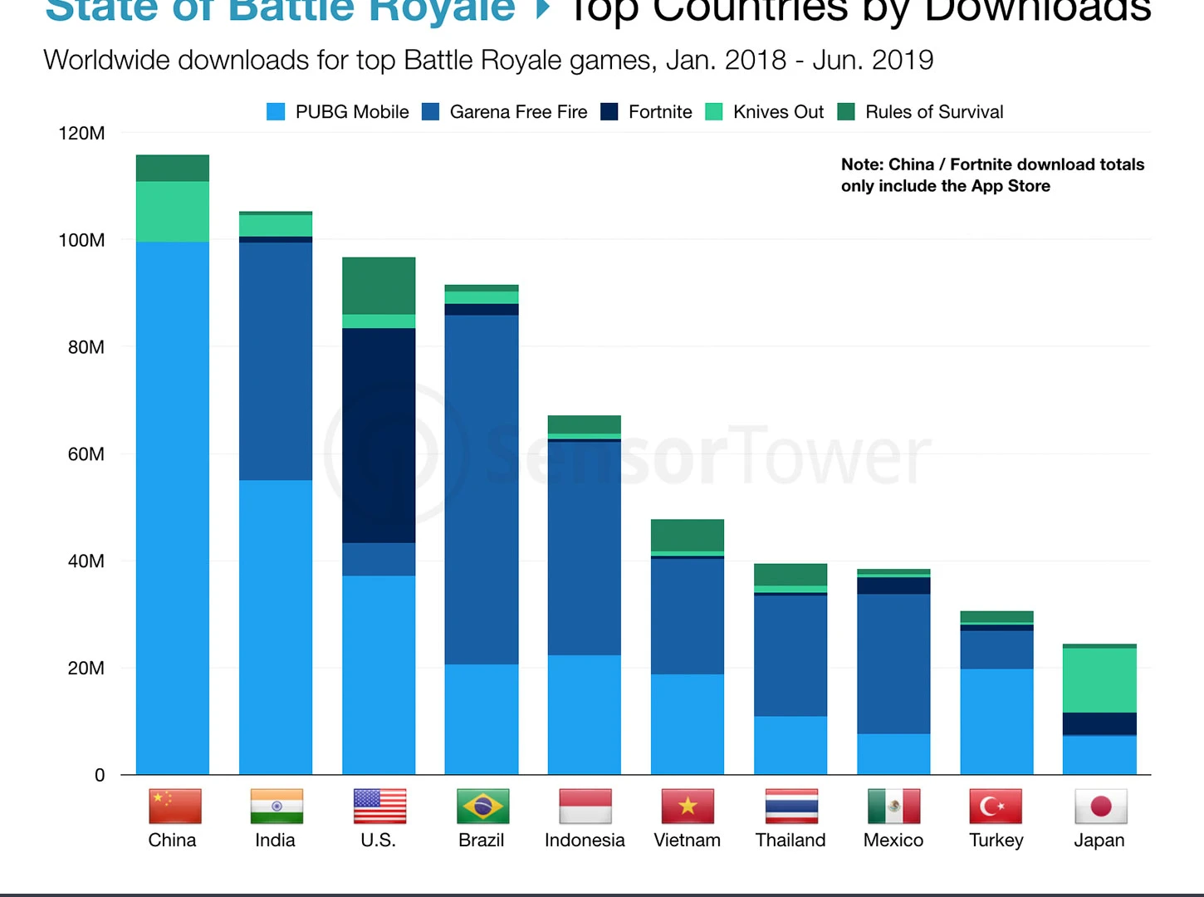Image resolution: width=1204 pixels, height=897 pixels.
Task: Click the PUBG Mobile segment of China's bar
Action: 173,507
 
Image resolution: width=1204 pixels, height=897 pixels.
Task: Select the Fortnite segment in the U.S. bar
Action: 379,435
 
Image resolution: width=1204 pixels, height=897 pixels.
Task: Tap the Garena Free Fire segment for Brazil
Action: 482,489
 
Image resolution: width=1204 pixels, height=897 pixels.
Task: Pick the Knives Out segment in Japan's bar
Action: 1099,679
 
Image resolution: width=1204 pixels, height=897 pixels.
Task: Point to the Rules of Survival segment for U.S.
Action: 379,286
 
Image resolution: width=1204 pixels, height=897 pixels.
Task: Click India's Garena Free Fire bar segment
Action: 276,361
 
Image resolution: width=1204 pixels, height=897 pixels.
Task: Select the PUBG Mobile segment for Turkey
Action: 996,721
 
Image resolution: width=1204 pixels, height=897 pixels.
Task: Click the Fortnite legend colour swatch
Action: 609,112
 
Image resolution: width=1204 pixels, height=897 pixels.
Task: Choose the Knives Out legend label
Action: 778,112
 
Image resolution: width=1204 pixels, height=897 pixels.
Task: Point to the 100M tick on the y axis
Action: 81,240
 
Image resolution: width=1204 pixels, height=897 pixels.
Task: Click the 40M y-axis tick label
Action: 86,561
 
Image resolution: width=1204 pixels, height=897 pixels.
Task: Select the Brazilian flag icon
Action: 482,806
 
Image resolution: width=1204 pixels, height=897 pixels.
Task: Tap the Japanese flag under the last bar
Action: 1100,806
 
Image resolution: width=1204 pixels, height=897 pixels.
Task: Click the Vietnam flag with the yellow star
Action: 688,806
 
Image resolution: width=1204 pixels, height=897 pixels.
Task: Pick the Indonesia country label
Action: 585,840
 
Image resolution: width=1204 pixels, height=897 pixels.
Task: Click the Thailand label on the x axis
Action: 790,840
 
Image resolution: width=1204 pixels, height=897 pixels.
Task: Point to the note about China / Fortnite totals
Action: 992,175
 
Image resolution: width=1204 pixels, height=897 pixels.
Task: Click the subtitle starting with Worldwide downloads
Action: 488,61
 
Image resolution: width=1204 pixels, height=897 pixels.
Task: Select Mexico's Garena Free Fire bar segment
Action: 893,663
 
